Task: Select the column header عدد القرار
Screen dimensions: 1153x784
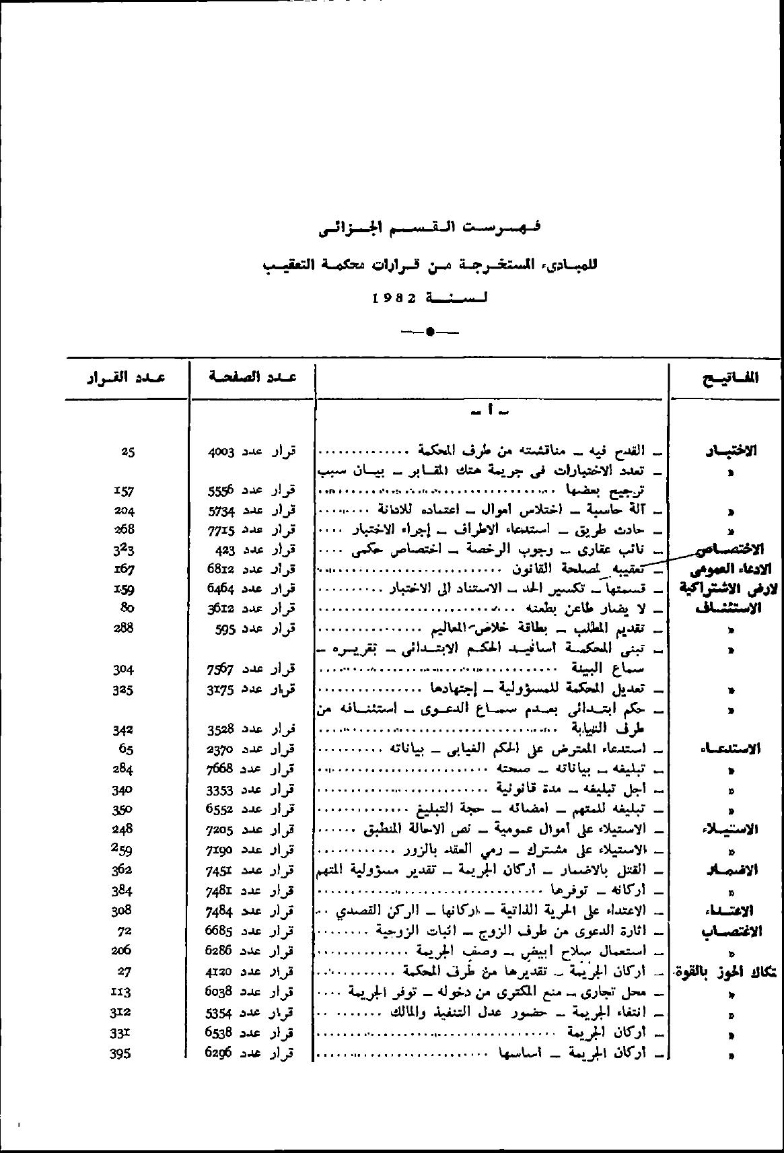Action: [126, 377]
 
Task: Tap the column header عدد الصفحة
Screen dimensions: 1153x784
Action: [252, 377]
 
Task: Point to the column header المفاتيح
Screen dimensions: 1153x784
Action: [729, 378]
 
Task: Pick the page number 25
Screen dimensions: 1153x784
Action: [127, 452]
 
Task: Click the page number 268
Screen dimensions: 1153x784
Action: [124, 529]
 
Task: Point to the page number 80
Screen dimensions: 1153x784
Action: [127, 608]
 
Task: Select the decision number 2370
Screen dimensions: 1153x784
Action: [220, 749]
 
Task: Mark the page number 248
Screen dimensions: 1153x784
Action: [124, 829]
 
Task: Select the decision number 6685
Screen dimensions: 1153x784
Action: [220, 931]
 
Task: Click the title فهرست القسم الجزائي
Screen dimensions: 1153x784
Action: [430, 229]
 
